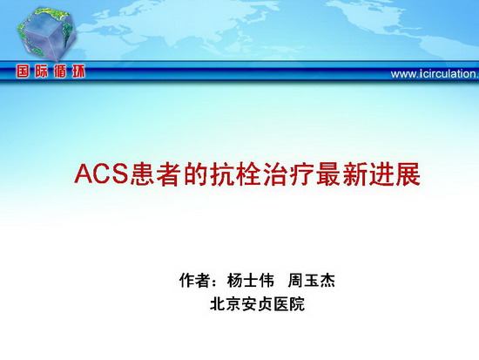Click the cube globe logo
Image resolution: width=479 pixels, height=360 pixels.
(x=47, y=34)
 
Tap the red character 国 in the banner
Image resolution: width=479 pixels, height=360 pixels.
(x=24, y=71)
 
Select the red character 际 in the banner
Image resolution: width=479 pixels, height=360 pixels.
(x=42, y=71)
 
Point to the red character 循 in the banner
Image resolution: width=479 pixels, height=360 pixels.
(x=60, y=71)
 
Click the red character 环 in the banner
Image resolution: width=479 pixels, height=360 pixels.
(x=78, y=71)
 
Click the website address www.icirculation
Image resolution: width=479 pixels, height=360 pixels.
(x=435, y=74)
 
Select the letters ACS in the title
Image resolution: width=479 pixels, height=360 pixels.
(x=101, y=174)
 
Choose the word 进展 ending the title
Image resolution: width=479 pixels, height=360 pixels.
(x=395, y=174)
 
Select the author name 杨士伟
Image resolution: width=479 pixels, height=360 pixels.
(x=251, y=280)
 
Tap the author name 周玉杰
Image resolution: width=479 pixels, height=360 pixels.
(x=311, y=280)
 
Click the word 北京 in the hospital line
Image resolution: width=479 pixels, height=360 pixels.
(x=226, y=304)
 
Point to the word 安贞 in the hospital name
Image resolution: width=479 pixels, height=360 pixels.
(x=257, y=304)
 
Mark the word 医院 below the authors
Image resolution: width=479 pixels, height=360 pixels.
(x=289, y=304)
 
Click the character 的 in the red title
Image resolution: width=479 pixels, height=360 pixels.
(x=196, y=174)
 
